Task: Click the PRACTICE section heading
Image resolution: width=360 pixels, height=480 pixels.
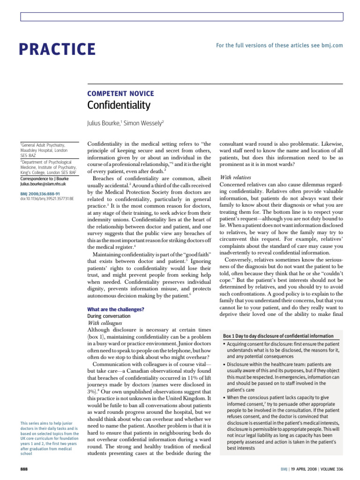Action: point(58,49)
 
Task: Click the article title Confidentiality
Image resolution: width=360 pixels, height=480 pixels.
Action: point(119,105)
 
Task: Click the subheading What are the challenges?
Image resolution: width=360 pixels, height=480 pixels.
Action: point(116,309)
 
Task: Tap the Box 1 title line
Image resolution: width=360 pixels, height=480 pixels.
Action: point(278,336)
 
